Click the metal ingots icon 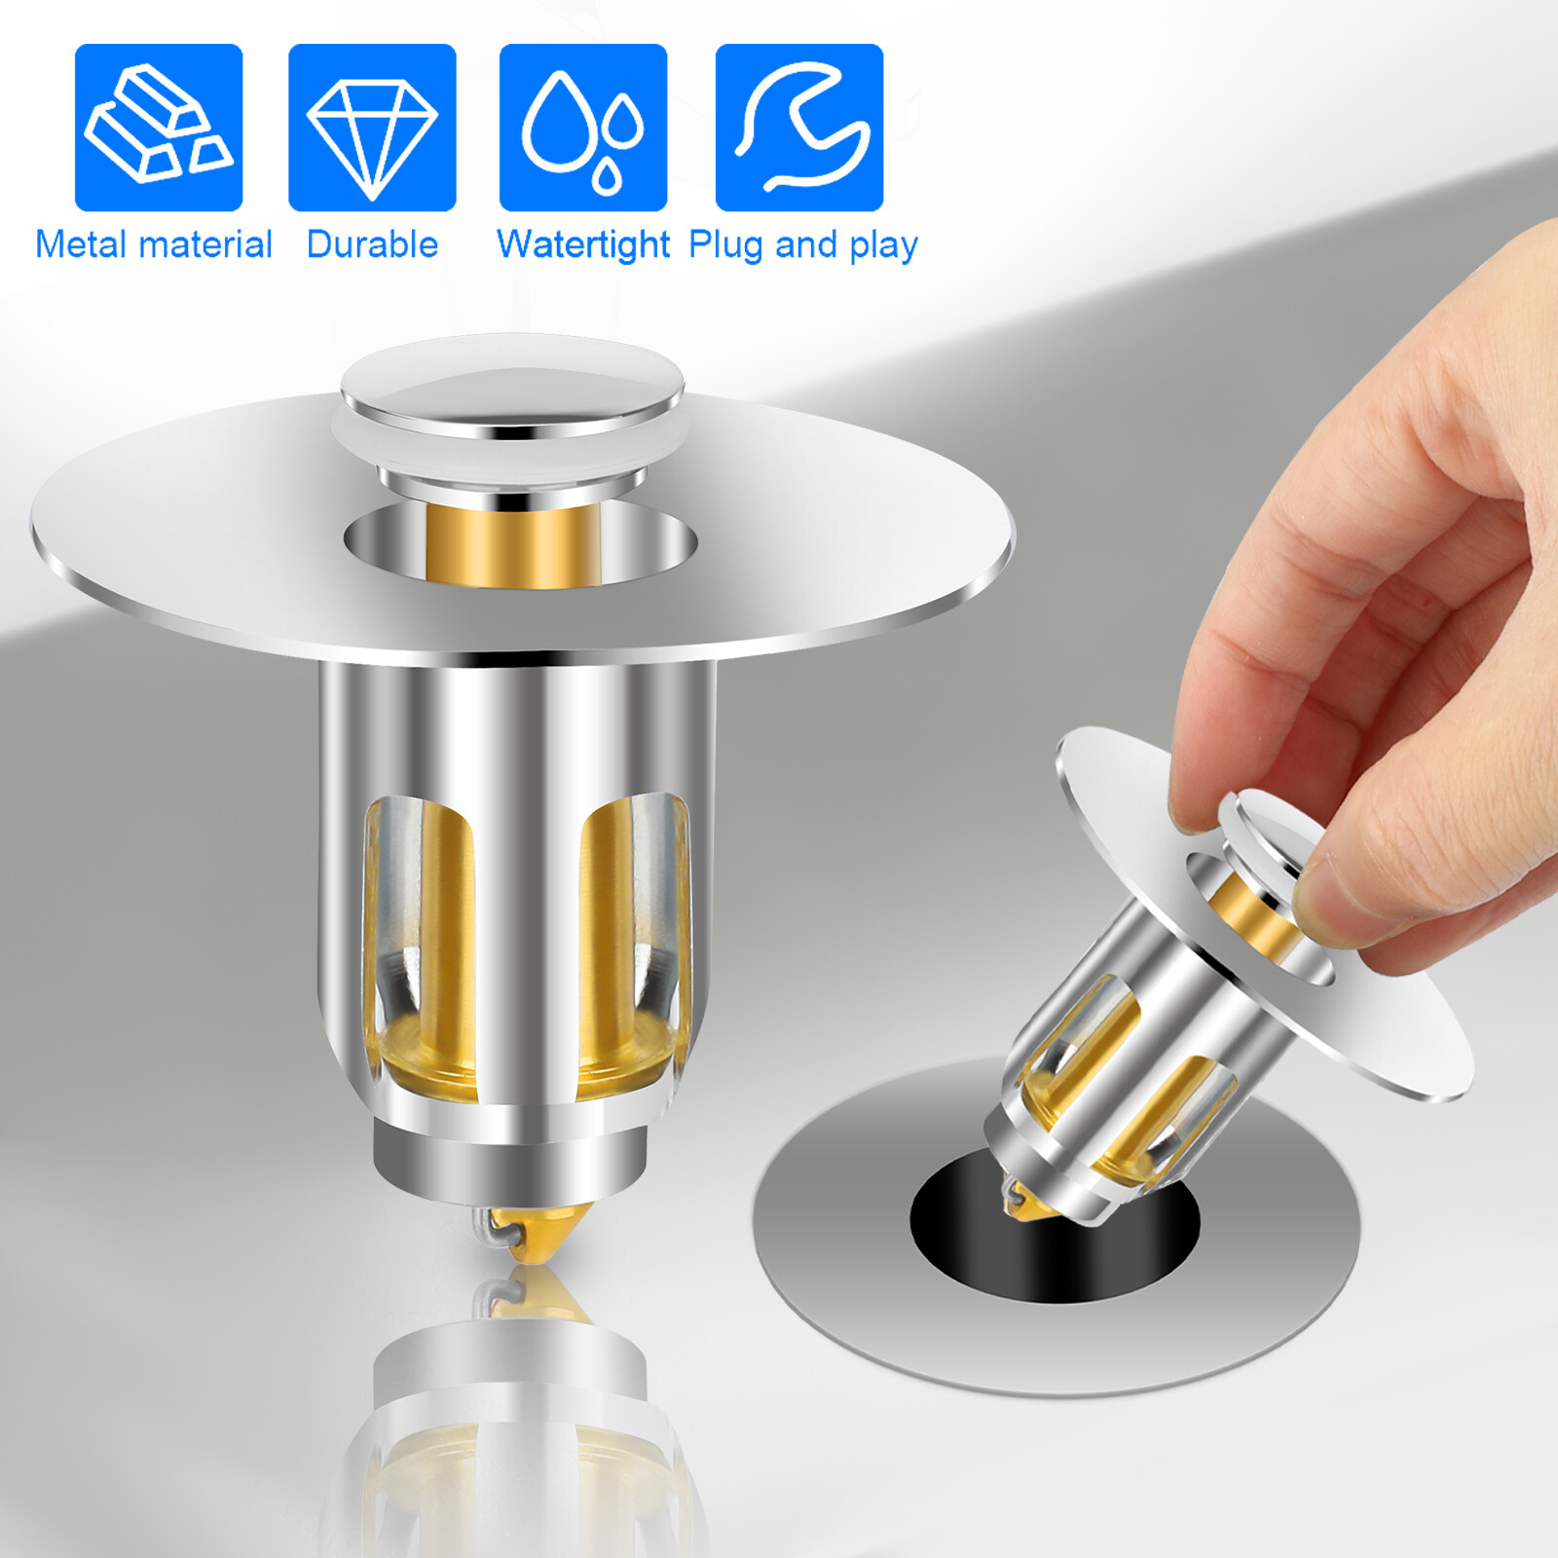point(159,128)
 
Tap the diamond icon point(372,128)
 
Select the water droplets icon point(583,128)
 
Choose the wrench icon point(799,128)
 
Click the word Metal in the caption point(81,244)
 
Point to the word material point(205,244)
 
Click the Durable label point(372,244)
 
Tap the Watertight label point(583,244)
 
